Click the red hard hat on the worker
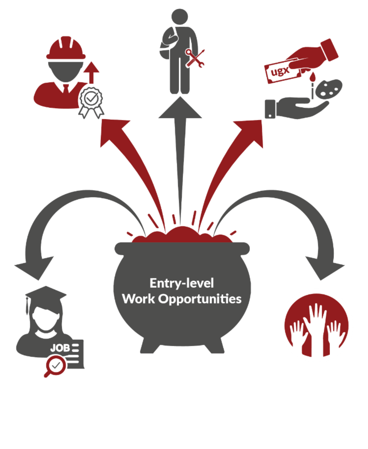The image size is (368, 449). tap(66, 49)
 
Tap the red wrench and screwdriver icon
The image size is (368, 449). tap(195, 58)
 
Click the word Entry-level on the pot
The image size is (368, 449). tap(182, 283)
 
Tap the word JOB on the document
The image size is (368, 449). tap(60, 348)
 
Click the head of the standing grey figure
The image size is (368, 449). tap(180, 17)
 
